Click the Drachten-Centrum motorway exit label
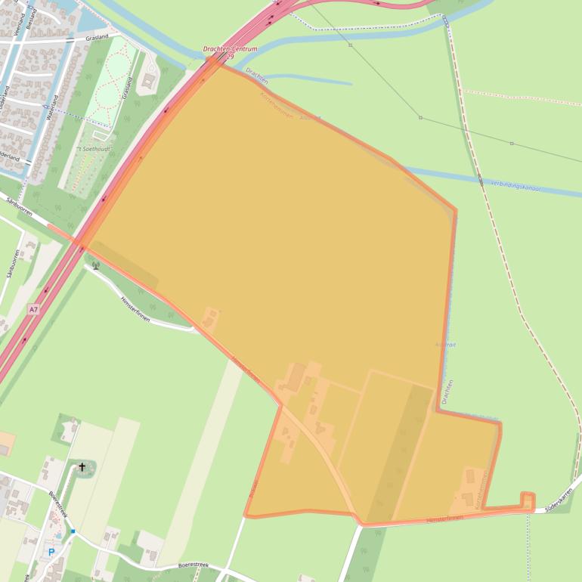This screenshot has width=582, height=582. tap(231, 49)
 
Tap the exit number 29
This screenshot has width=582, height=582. tap(231, 57)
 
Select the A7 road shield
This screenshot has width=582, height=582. tap(33, 309)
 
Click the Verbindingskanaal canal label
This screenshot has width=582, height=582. tap(515, 184)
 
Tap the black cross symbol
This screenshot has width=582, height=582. tap(82, 468)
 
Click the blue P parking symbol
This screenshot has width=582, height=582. tap(51, 553)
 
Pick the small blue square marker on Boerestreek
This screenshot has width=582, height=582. tap(73, 531)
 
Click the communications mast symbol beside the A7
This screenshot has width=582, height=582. tap(95, 265)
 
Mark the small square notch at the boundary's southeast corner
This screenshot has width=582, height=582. tap(527, 500)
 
